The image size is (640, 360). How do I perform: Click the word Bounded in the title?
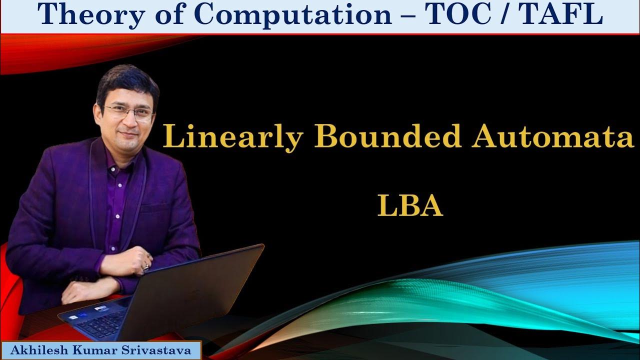(387, 137)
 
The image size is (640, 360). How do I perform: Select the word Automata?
(552, 137)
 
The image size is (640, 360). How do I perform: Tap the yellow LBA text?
(410, 206)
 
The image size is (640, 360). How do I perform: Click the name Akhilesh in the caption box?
(38, 350)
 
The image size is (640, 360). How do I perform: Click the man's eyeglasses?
(129, 112)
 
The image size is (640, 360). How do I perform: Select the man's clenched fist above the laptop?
(137, 260)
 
